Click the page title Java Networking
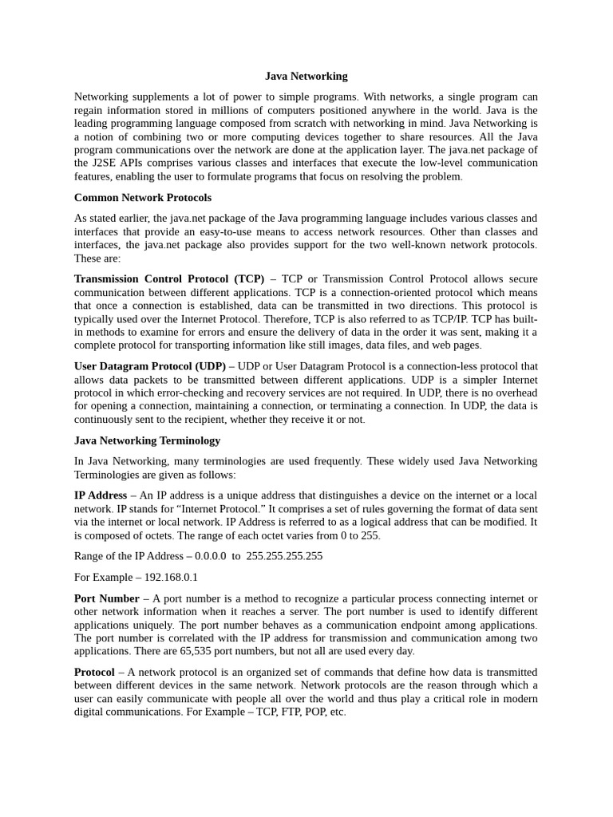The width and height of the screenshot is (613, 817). (x=306, y=77)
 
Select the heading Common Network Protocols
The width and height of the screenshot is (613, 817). (x=143, y=197)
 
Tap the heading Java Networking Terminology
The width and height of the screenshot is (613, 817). (x=147, y=440)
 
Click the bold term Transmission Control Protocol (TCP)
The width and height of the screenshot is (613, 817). (x=169, y=278)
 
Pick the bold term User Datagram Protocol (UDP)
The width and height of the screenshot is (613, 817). (x=150, y=366)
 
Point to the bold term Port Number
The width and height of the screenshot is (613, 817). (x=107, y=598)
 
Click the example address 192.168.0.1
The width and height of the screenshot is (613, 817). (x=171, y=577)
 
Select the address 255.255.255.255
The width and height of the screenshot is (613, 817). (x=285, y=556)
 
